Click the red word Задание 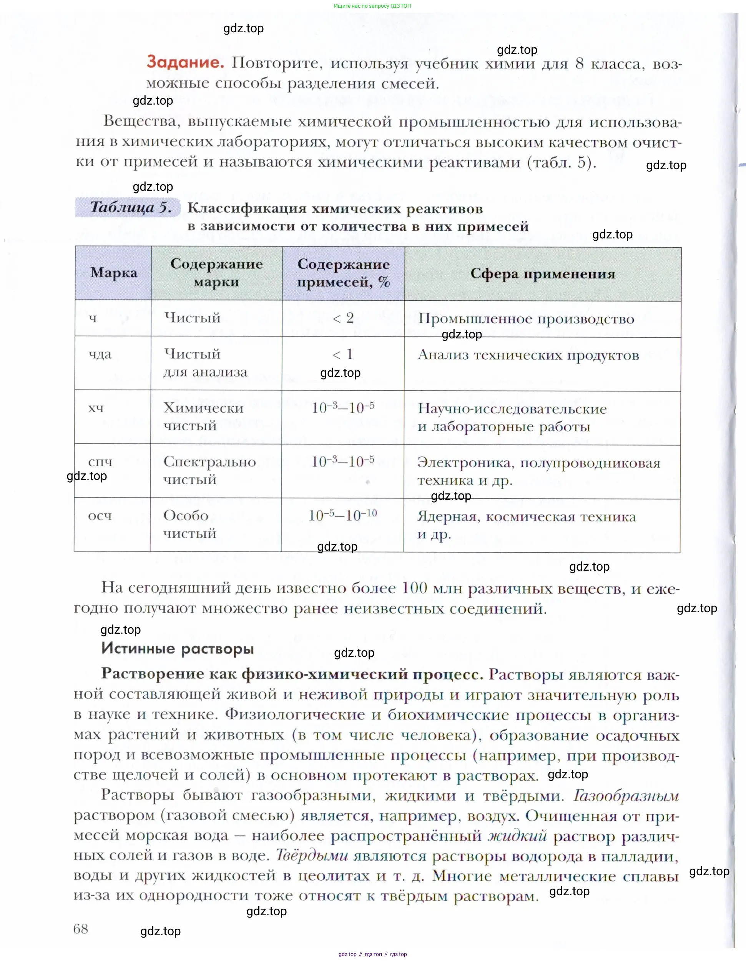tap(185, 62)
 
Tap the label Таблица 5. tap(130, 207)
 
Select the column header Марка tap(113, 273)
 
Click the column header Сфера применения tap(543, 274)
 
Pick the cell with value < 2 tap(343, 318)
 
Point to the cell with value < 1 tap(343, 354)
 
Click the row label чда tap(100, 354)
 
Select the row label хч tap(96, 408)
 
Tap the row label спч tap(100, 461)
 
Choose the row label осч tap(100, 515)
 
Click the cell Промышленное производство tap(526, 318)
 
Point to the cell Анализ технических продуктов tap(528, 355)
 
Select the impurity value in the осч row tap(343, 515)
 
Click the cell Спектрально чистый tap(209, 470)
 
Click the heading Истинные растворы tap(177, 648)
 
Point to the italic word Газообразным tap(626, 796)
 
